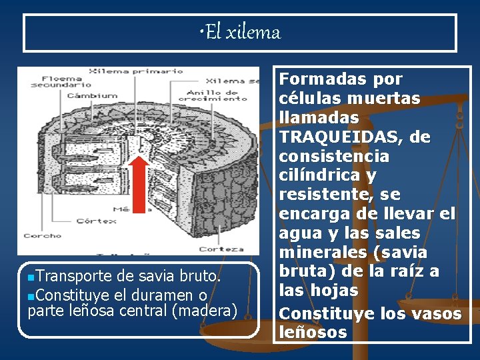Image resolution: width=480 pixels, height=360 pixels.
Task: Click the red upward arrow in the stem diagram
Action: click(139, 183)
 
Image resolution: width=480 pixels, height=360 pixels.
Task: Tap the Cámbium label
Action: click(91, 95)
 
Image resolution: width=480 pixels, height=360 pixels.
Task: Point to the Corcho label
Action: click(42, 235)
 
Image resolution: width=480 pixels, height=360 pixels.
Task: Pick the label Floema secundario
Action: click(61, 81)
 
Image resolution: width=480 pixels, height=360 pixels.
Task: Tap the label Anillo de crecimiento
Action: click(217, 95)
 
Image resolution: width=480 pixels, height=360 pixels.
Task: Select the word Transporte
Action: click(73, 275)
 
